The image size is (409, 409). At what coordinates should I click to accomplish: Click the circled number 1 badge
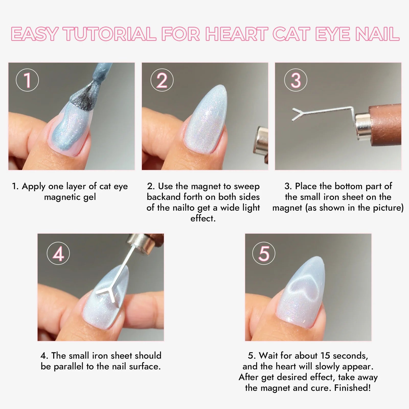[x=27, y=80]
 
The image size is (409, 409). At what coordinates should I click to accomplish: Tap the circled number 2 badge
[x=162, y=80]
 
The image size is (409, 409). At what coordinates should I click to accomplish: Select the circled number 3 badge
[x=296, y=80]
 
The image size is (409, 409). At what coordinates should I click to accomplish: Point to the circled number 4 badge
[x=58, y=253]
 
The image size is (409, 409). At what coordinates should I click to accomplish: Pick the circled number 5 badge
[x=264, y=253]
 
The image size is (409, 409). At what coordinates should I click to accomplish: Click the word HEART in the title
[x=237, y=34]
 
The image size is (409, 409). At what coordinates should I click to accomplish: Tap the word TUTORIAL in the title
[x=110, y=34]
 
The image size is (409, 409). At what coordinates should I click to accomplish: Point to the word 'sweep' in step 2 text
[x=247, y=187]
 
